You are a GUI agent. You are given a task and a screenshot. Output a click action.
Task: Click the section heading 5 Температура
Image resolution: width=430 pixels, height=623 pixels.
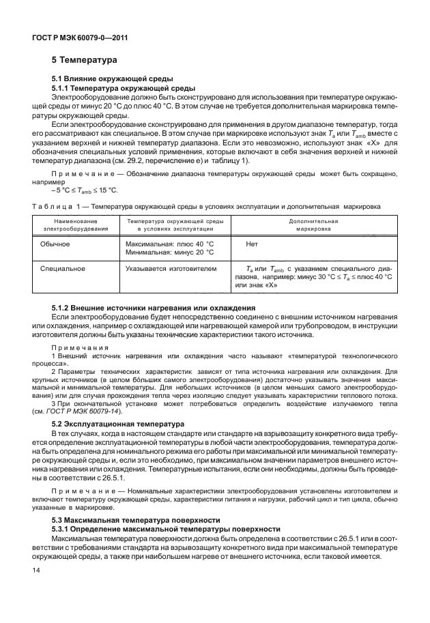(81, 59)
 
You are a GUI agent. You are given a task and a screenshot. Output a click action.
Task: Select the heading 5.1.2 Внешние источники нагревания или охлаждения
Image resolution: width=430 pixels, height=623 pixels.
(154, 308)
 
